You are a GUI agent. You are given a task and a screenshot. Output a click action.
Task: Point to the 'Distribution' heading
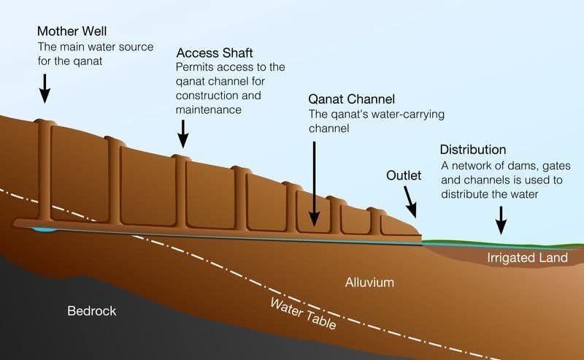[x=472, y=150]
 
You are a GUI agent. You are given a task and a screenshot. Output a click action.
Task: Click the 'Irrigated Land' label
[x=527, y=258]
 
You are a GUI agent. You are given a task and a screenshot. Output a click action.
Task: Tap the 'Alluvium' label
[x=369, y=281]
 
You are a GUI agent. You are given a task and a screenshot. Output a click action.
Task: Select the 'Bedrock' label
[x=91, y=311]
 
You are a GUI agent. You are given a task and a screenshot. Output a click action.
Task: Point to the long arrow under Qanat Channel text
[x=314, y=183]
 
